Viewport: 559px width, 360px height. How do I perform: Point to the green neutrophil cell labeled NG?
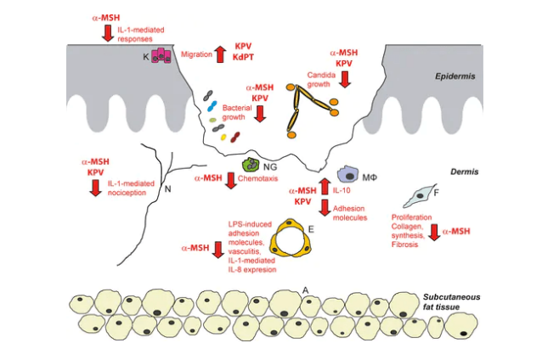coord(251,166)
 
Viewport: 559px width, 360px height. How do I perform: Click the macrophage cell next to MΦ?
coord(349,175)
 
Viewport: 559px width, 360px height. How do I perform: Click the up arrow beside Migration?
coord(220,53)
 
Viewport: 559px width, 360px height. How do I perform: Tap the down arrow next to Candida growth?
coord(345,79)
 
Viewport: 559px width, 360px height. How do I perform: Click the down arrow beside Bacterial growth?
coord(260,112)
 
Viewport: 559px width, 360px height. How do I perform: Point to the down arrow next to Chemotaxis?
coord(229,179)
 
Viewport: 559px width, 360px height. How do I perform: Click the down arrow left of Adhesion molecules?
coord(324,209)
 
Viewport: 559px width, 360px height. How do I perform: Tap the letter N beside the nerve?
coord(167,188)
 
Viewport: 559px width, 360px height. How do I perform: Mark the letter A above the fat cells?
coord(305,290)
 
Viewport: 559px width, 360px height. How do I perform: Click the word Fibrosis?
coord(415,245)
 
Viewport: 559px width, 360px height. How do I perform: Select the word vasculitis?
coord(246,250)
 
